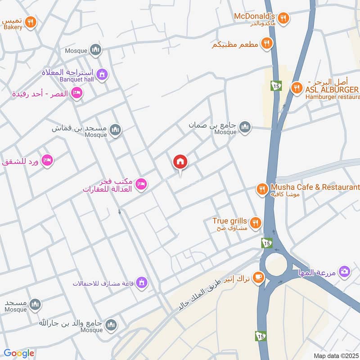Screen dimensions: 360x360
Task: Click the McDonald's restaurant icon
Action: [x=283, y=18]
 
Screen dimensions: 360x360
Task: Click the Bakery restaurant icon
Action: [x=30, y=21]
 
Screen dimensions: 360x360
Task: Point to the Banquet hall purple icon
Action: [x=102, y=74]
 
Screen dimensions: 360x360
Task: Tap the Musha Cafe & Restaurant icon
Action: [x=262, y=189]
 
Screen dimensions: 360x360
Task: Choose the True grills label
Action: [x=229, y=221]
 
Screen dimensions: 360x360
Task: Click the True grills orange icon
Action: [x=256, y=222]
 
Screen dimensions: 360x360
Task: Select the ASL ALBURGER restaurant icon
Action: [x=296, y=88]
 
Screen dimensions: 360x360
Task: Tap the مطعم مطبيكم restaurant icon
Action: [x=267, y=44]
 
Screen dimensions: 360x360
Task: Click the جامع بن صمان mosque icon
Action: [x=245, y=127]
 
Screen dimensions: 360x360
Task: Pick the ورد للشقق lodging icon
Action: [x=47, y=160]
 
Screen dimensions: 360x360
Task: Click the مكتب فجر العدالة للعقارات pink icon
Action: [x=141, y=184]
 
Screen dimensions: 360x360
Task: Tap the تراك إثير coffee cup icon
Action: [x=258, y=276]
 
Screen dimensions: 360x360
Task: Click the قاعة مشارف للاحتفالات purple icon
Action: [x=142, y=283]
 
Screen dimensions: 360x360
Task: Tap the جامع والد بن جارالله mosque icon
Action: [x=112, y=324]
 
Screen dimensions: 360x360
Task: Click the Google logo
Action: [x=19, y=353]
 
